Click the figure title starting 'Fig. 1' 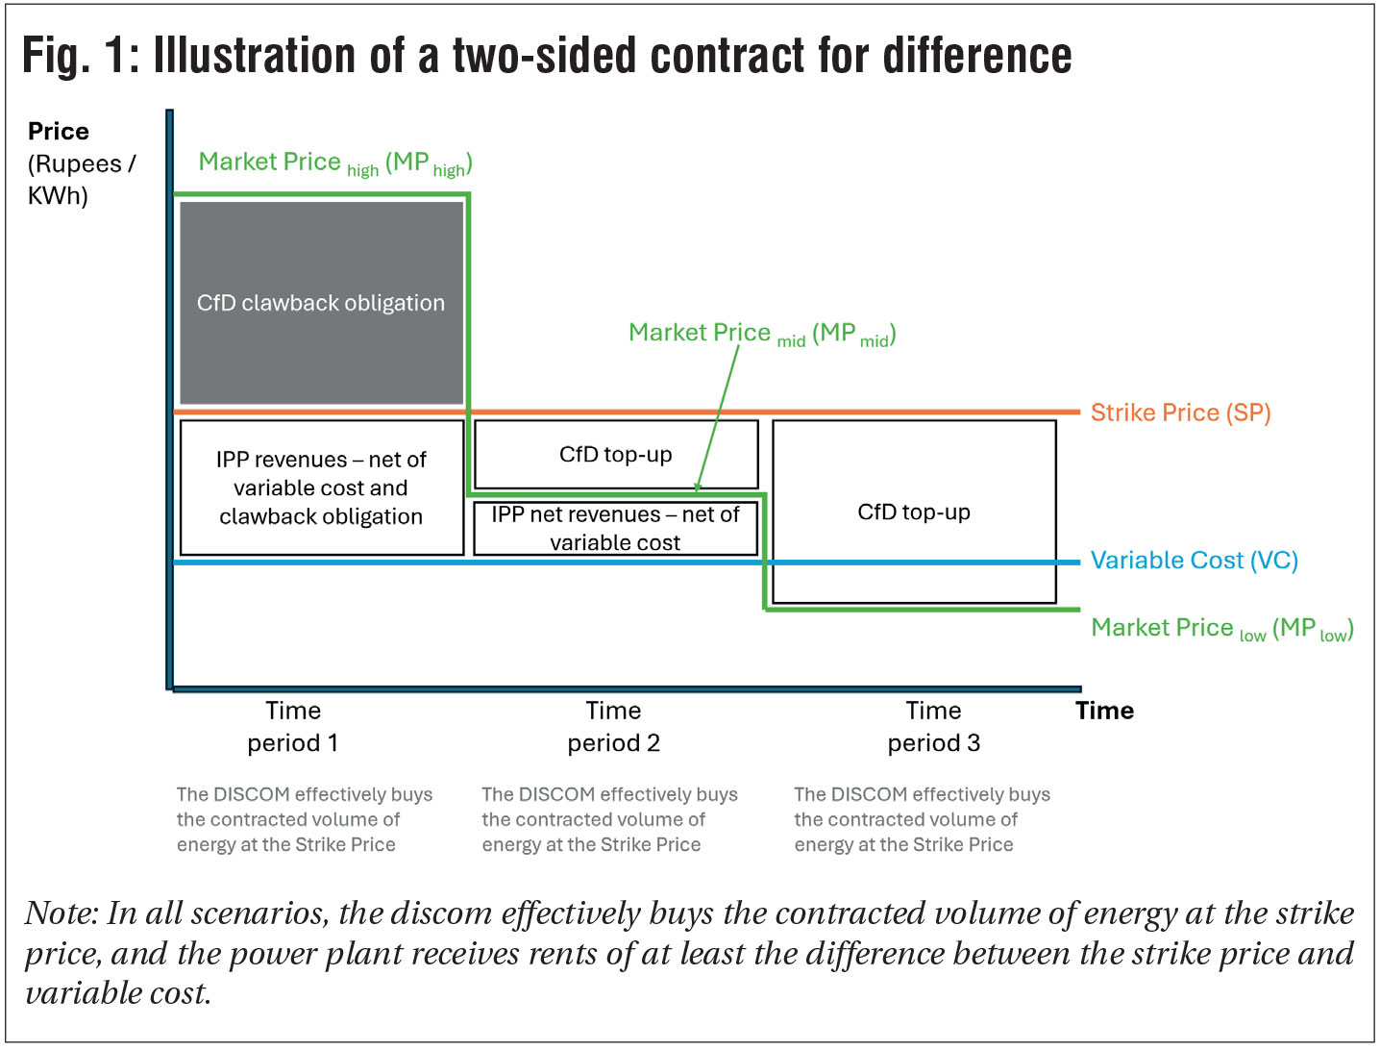(x=546, y=56)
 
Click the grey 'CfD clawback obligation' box (x=321, y=303)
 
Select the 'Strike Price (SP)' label (x=1180, y=412)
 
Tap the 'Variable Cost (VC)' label (x=1194, y=561)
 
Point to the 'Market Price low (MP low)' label (x=1221, y=629)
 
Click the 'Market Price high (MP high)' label (x=334, y=163)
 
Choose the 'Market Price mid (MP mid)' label (x=761, y=334)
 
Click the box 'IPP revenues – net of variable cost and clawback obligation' (x=321, y=487)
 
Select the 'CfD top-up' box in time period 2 (x=615, y=454)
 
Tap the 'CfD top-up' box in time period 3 (x=913, y=512)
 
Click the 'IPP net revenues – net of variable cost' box (x=615, y=528)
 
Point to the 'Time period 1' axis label (x=292, y=727)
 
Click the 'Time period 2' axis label (x=613, y=727)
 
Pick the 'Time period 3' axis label (x=933, y=727)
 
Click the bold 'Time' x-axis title (x=1104, y=711)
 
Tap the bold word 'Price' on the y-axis (x=58, y=132)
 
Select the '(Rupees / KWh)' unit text (x=81, y=180)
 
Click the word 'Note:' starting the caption (x=62, y=913)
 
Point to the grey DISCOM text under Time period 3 (x=921, y=819)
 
